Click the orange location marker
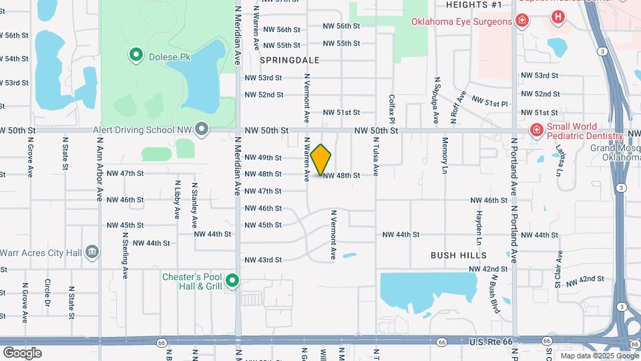tap(321, 159)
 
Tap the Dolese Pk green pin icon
tap(136, 55)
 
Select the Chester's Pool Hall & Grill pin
tap(232, 281)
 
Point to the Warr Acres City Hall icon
tap(93, 252)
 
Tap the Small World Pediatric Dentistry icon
tap(536, 130)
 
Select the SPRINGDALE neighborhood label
tap(289, 60)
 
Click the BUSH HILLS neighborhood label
tap(459, 255)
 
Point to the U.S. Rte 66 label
tap(491, 342)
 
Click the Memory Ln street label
tap(444, 156)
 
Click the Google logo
tap(22, 353)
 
